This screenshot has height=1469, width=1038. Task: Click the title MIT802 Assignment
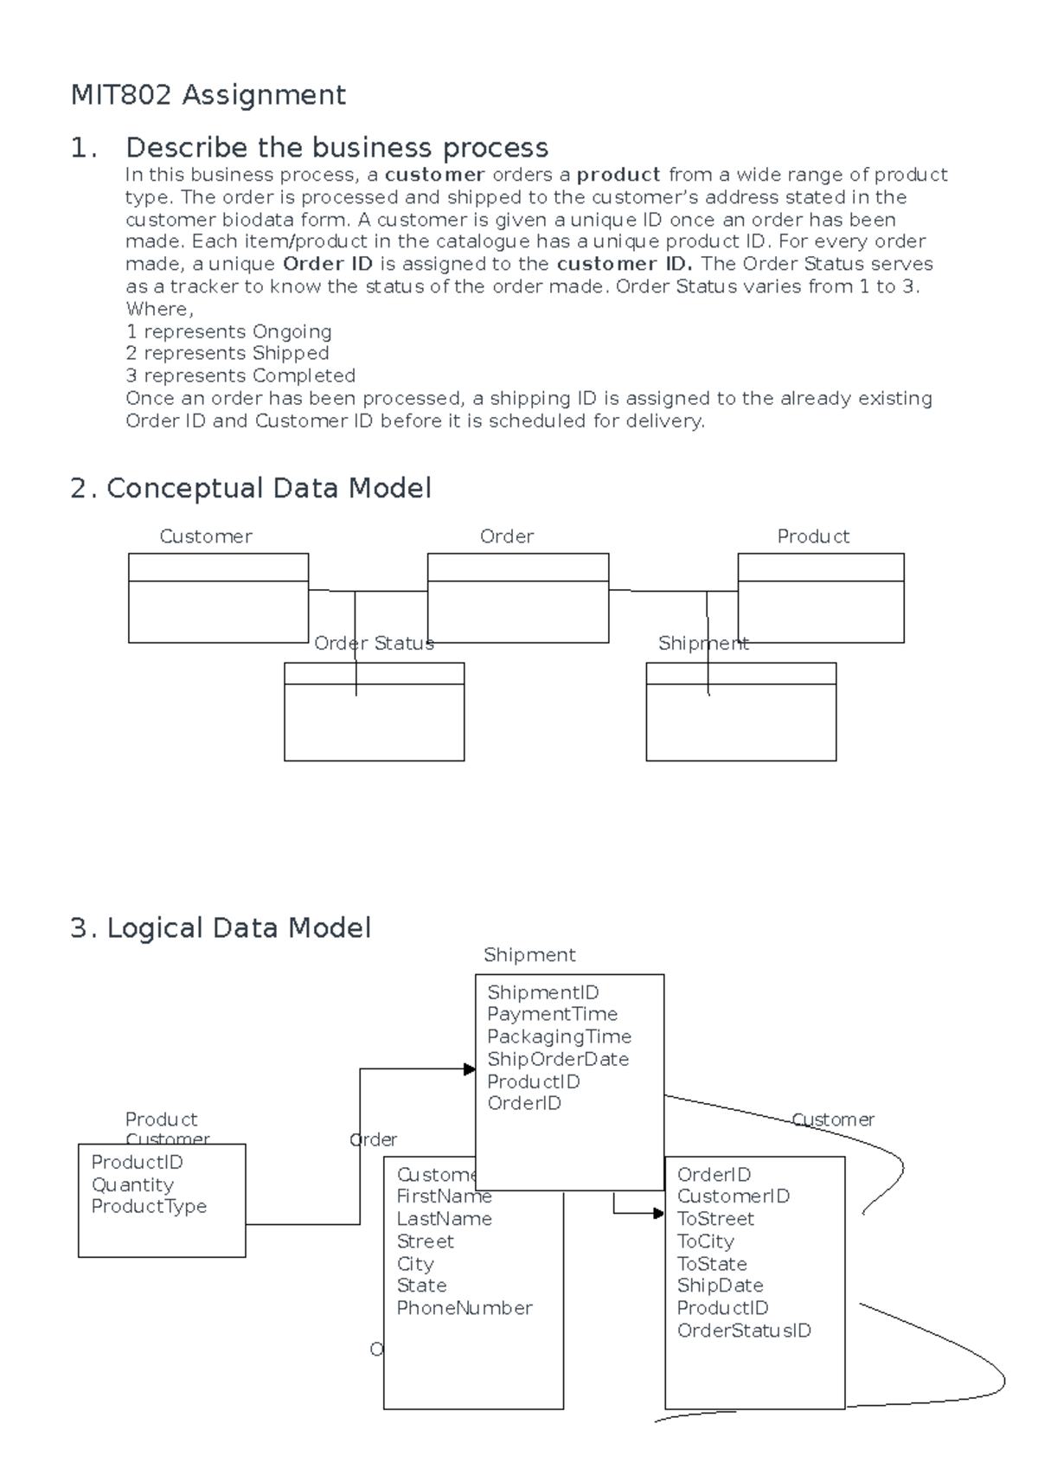coord(208,94)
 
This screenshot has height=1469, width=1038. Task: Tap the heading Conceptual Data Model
coord(268,489)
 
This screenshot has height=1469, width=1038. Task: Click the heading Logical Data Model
coord(238,928)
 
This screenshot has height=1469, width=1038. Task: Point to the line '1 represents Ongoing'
coord(228,331)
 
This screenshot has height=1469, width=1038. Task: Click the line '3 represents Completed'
coord(240,376)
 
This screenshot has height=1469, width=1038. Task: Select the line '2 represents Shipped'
coord(227,354)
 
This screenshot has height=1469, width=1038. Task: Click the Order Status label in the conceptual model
coord(374,644)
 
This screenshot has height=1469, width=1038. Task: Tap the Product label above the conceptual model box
coord(812,536)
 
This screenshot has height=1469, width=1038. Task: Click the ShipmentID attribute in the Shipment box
coord(542,992)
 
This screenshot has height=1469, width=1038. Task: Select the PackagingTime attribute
coord(559,1036)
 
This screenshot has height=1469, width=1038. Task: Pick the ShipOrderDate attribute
coord(557,1059)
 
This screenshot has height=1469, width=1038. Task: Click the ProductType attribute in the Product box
coord(149,1206)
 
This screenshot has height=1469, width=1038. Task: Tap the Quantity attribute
coord(132,1184)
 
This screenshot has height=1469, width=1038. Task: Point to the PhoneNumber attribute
coord(464,1308)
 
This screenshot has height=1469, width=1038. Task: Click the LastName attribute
coord(444,1219)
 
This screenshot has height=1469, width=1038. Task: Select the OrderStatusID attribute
coord(744,1331)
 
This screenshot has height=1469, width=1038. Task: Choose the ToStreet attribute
coord(715,1219)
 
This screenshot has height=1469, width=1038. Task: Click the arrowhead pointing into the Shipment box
coord(469,1069)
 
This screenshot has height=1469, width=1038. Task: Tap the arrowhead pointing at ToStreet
coord(658,1214)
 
